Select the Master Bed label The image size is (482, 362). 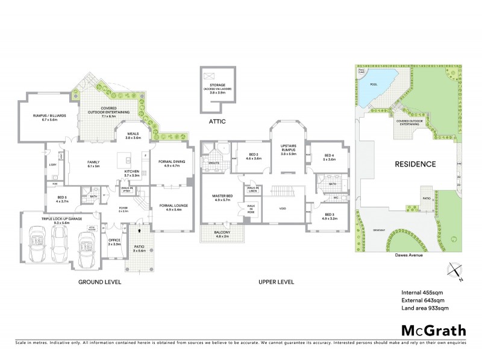click(221, 197)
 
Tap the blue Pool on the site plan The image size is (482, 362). click(375, 84)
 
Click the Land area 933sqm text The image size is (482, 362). click(425, 308)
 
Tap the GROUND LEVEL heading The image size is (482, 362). click(100, 282)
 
